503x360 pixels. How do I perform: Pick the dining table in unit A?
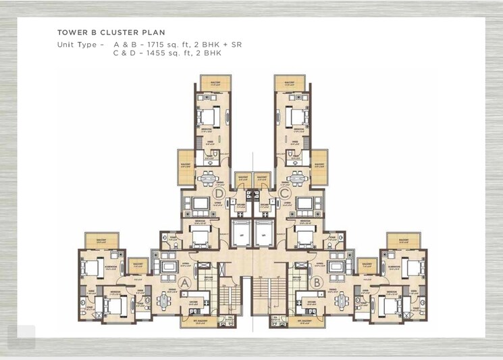[163, 300]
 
